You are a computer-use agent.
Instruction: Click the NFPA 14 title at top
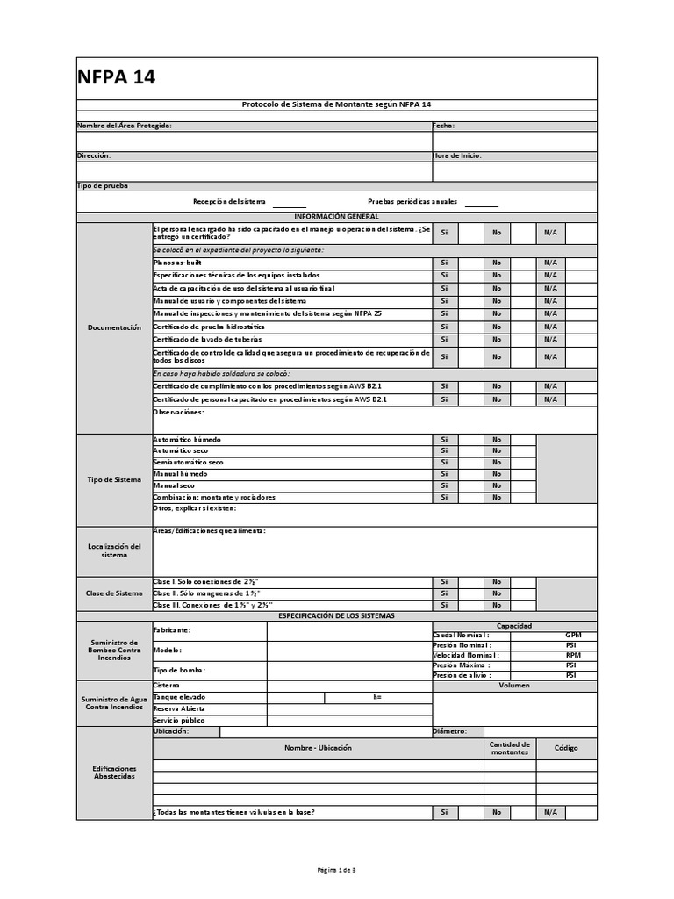118,77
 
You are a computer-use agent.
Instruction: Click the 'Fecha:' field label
443,126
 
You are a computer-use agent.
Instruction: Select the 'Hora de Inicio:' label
457,155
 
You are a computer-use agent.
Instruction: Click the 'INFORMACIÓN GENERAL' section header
336,216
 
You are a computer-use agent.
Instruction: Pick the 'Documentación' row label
114,327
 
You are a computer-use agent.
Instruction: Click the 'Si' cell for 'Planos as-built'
444,263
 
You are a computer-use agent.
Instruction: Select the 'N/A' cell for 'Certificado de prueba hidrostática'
550,327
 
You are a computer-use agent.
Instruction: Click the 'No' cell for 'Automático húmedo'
496,439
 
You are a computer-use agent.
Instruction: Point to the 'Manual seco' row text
175,485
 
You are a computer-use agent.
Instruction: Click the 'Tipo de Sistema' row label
114,479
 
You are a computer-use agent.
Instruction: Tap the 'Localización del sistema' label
114,550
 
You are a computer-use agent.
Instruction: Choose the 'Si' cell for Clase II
444,593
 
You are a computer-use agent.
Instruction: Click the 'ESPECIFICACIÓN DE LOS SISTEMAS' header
336,615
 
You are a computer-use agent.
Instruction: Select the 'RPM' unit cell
573,655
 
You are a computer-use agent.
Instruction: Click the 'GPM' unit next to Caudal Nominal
573,635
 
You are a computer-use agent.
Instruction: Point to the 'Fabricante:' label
171,630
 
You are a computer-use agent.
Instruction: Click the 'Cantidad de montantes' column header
510,748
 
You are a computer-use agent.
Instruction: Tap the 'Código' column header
566,748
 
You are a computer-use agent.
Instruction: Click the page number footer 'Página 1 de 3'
336,869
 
